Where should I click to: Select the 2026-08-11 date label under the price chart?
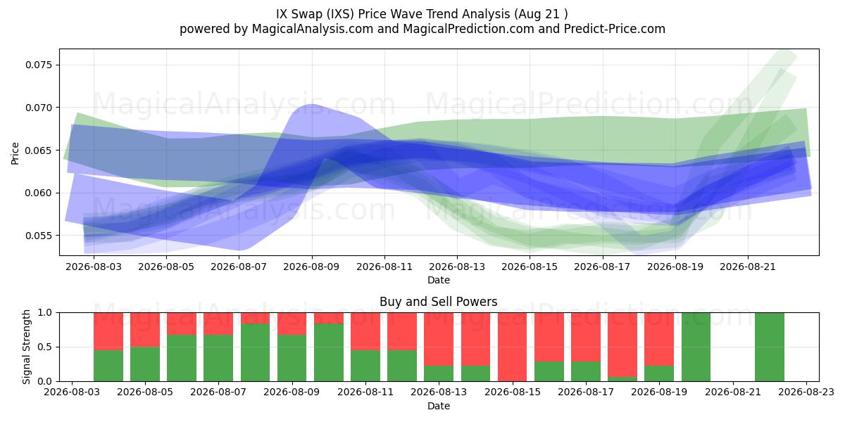[x=384, y=267]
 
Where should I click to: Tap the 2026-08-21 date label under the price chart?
[x=748, y=267]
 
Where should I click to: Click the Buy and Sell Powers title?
[x=438, y=302]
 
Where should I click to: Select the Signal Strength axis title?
[x=26, y=347]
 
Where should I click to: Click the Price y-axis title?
[x=15, y=153]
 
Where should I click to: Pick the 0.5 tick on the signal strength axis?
[x=46, y=347]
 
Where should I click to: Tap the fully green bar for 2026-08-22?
[x=770, y=347]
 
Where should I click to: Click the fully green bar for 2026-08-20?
[x=696, y=347]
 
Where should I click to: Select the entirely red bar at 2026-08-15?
[x=513, y=347]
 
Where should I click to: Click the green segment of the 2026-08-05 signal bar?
[x=145, y=364]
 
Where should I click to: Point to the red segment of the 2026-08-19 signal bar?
[x=659, y=339]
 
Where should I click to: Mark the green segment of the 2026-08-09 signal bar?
[x=292, y=358]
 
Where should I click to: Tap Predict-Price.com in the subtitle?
[x=615, y=29]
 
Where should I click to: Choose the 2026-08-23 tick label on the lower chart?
[x=806, y=392]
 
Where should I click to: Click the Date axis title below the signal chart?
[x=438, y=406]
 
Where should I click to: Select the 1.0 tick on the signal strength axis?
[x=46, y=312]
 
